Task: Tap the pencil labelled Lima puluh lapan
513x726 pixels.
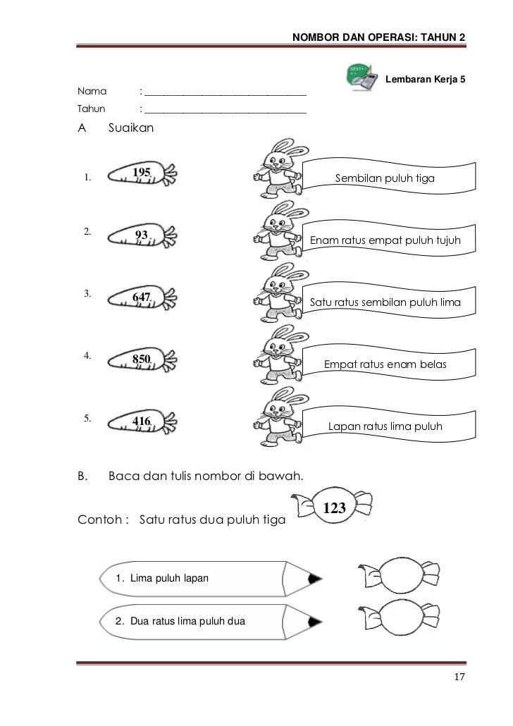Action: (x=211, y=579)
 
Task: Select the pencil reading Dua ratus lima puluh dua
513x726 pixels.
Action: (x=211, y=621)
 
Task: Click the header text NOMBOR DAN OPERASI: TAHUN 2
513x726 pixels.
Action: (x=378, y=36)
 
